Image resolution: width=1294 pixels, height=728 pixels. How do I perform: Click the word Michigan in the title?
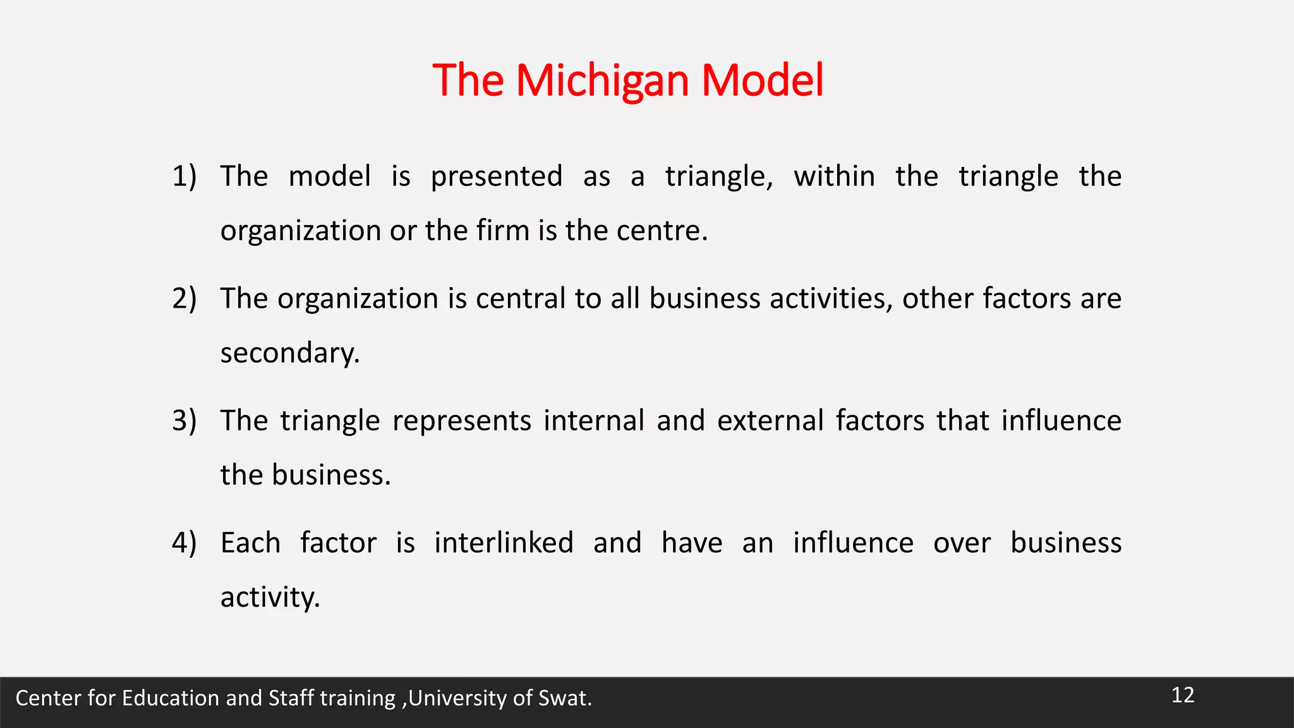click(602, 81)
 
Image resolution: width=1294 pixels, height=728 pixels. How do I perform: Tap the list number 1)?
click(184, 176)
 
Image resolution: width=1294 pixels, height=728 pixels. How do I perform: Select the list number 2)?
click(184, 298)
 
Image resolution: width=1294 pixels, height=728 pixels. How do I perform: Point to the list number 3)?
click(184, 421)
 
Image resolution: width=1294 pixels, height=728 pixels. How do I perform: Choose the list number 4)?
click(184, 543)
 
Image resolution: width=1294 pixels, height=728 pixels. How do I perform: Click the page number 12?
click(1183, 695)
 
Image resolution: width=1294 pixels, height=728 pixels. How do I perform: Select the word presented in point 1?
click(497, 176)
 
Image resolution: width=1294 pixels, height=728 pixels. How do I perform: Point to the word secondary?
click(289, 353)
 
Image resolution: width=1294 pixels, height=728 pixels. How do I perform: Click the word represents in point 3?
click(462, 421)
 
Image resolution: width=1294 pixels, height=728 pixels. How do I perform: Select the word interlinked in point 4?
click(504, 543)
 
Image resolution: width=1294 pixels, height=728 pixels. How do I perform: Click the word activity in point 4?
click(270, 597)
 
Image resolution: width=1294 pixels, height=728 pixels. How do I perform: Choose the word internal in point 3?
click(593, 421)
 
